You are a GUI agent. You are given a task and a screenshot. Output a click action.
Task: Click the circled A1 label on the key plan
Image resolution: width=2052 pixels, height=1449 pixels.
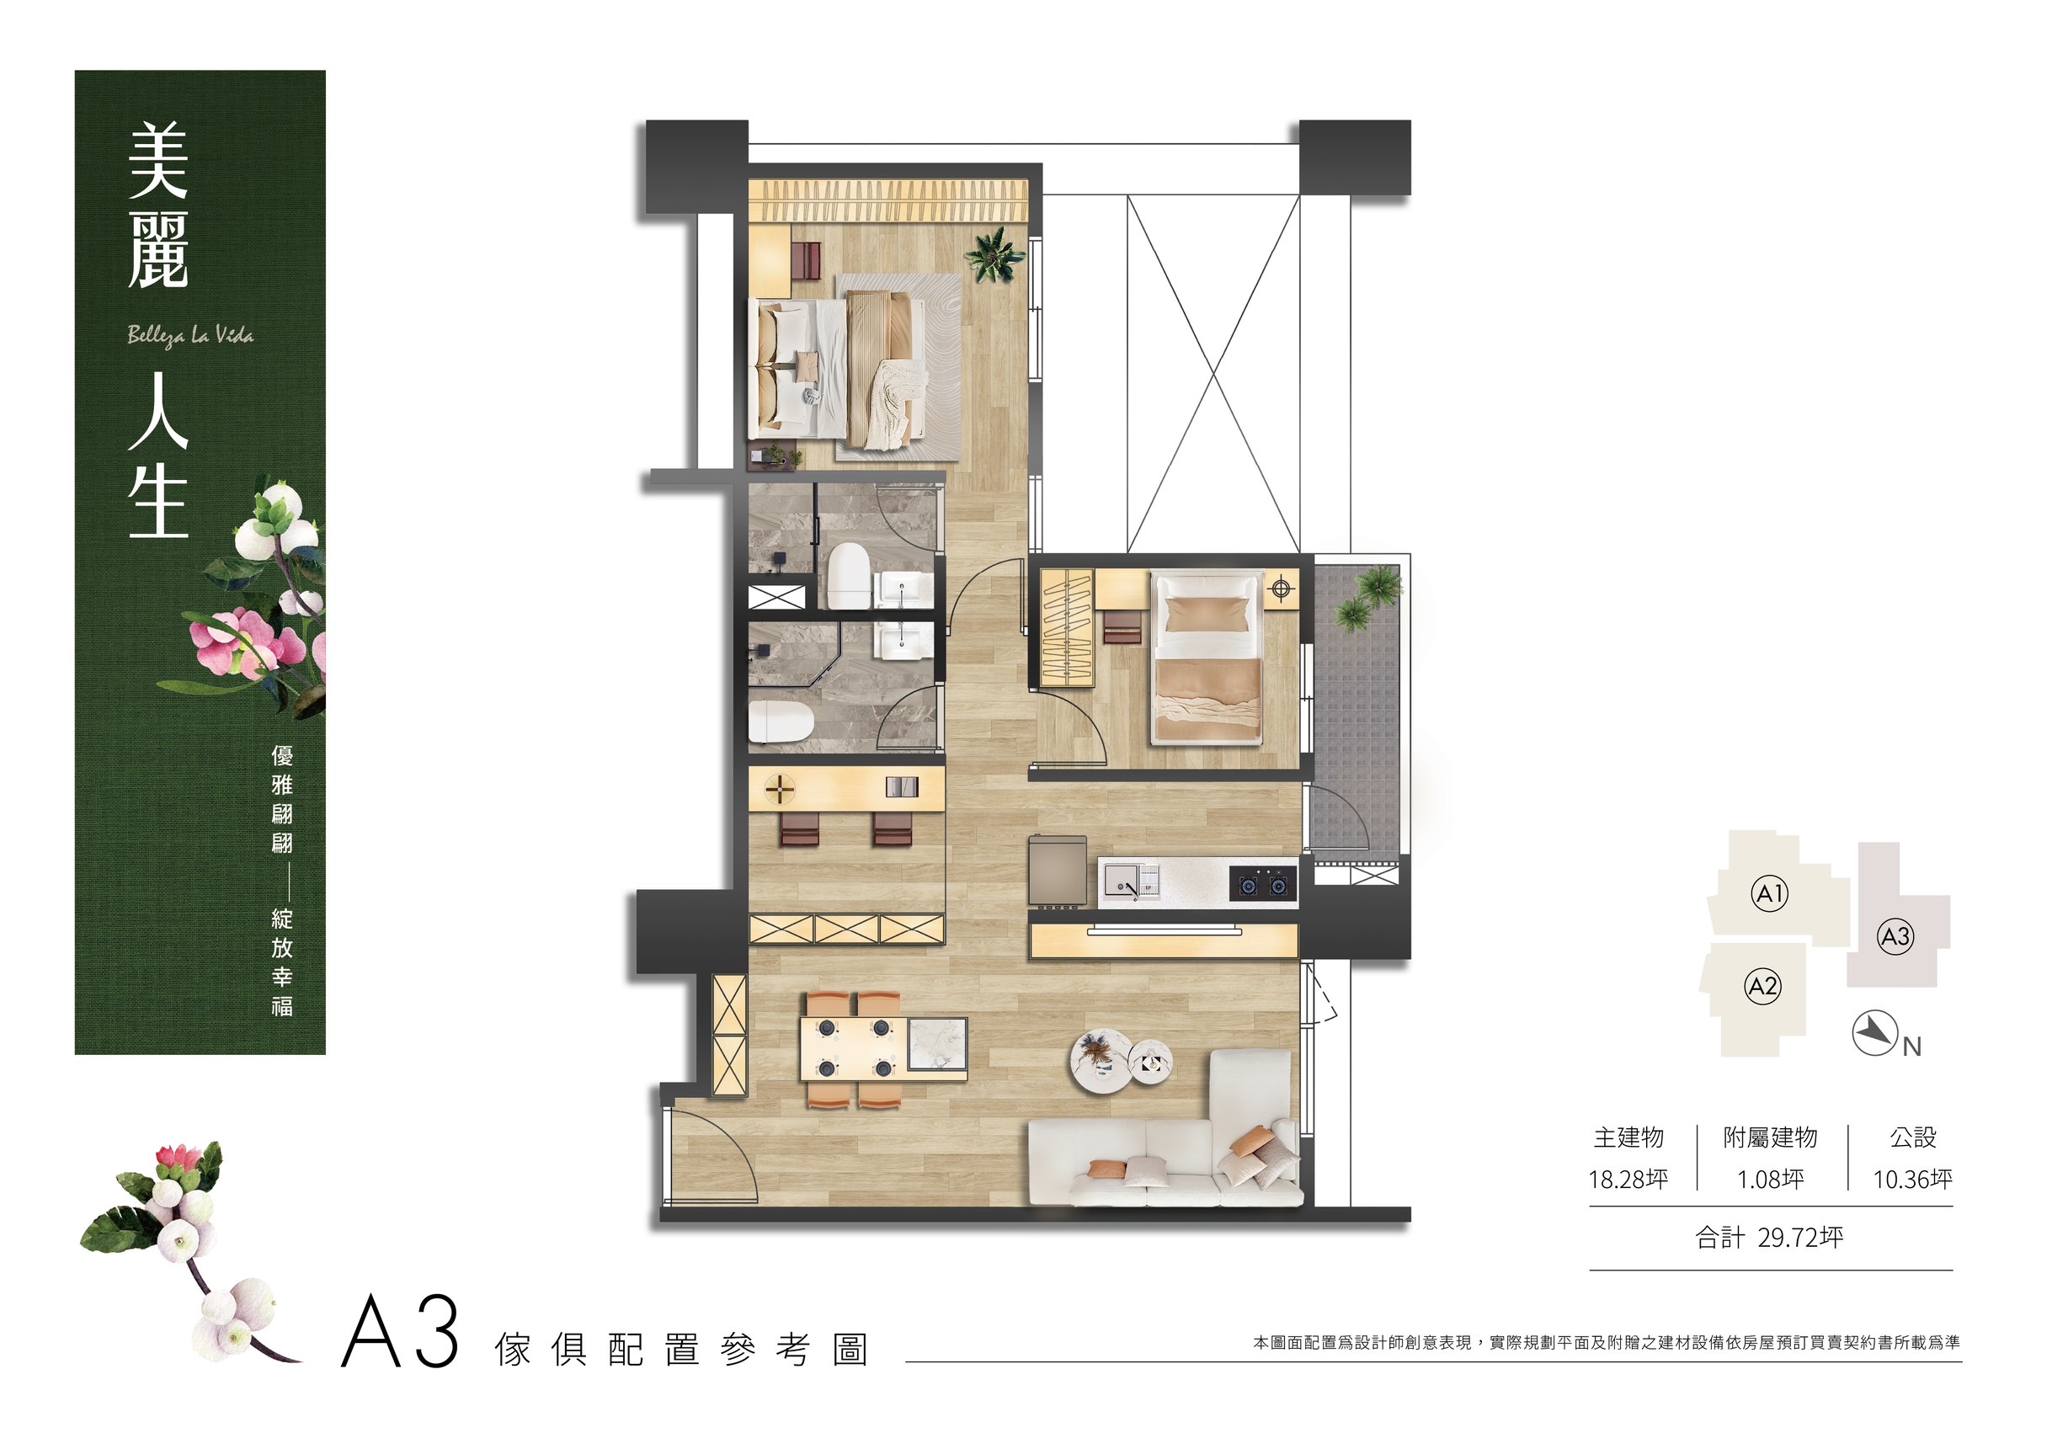(1770, 894)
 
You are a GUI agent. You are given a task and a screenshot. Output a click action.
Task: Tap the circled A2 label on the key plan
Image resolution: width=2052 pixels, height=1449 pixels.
(1762, 988)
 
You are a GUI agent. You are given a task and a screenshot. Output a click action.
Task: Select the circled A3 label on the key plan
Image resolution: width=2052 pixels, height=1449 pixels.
(1895, 937)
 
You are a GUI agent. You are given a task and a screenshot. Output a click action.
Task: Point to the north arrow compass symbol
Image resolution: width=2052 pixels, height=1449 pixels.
(1875, 1033)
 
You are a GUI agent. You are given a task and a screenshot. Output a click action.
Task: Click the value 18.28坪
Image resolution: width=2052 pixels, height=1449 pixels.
(1628, 1180)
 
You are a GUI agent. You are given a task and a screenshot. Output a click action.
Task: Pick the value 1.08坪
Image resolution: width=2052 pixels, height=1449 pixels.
(1771, 1180)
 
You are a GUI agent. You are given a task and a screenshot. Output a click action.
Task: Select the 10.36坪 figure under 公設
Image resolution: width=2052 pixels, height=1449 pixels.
(1912, 1180)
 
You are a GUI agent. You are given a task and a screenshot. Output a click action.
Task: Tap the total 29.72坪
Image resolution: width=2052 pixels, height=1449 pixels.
(1770, 1238)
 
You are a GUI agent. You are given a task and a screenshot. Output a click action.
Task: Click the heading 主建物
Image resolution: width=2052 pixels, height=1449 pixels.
(1628, 1138)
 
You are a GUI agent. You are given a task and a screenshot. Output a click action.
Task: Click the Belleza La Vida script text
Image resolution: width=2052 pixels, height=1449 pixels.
(190, 336)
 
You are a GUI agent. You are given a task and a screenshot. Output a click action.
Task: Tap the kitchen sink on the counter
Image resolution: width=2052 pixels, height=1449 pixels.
(1131, 882)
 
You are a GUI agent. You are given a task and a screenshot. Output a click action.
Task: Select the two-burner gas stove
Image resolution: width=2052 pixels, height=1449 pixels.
(1263, 884)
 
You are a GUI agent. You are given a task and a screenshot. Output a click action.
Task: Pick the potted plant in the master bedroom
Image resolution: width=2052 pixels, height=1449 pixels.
(994, 253)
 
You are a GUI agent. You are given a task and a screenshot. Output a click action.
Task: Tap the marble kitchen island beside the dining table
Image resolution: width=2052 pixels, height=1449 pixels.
(937, 1044)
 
